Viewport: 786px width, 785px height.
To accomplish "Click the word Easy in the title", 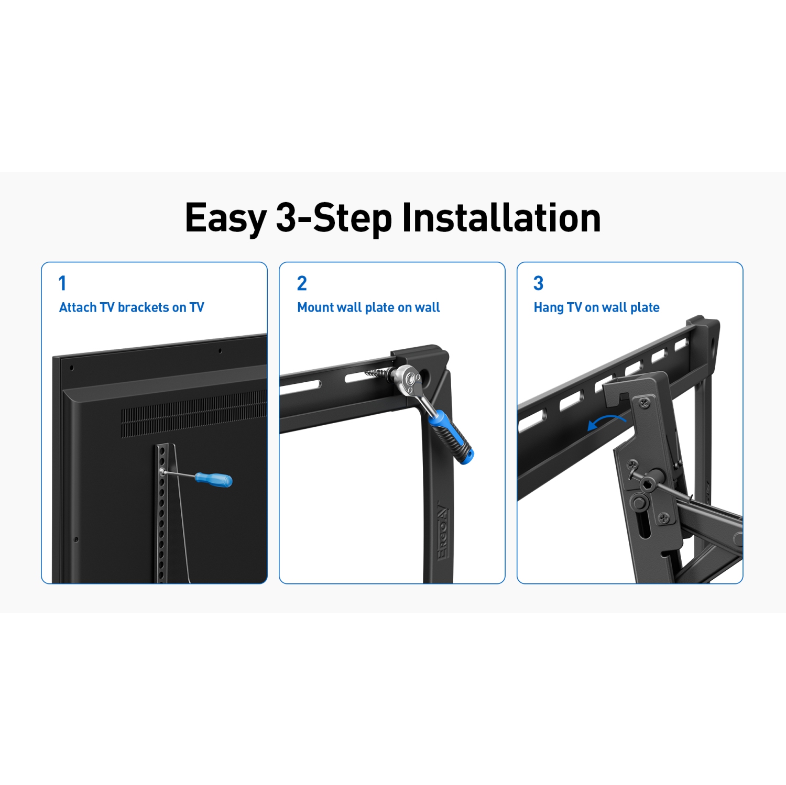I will click(x=226, y=218).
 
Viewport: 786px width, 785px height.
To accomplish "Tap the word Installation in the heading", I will click(x=501, y=218).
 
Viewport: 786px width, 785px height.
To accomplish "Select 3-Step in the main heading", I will click(x=334, y=218).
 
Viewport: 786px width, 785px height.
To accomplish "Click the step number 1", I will click(x=62, y=283).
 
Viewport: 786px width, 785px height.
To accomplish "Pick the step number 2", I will click(x=302, y=283).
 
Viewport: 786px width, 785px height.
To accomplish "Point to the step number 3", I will click(x=538, y=283).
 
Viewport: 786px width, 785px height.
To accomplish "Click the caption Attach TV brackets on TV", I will click(x=132, y=307).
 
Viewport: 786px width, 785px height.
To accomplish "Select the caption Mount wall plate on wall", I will click(x=368, y=307).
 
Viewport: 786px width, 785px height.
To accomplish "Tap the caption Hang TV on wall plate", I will click(x=596, y=307).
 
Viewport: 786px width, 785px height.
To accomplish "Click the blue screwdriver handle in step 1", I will click(x=214, y=479).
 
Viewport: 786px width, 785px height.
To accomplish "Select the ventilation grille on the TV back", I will click(x=194, y=414).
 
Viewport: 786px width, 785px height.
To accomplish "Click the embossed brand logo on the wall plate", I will click(x=443, y=532).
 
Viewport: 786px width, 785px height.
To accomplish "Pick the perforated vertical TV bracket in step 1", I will click(x=162, y=513).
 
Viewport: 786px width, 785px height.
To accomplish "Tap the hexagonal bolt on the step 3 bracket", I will click(x=647, y=484).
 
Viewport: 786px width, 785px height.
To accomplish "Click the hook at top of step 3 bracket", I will click(x=616, y=393).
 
